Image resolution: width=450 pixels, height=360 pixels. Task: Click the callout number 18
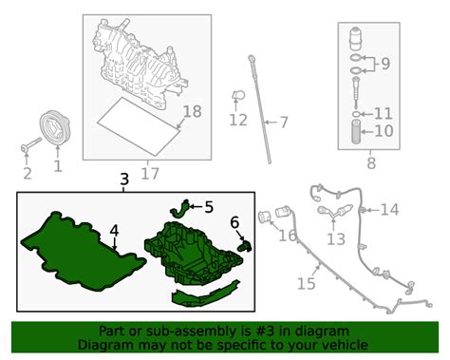pos(193,111)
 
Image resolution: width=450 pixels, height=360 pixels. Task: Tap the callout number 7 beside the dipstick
pos(284,123)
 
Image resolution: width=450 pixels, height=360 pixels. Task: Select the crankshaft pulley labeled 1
pos(55,128)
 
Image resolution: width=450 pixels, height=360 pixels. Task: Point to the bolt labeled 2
pos(30,144)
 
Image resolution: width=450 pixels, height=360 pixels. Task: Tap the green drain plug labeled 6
pos(245,246)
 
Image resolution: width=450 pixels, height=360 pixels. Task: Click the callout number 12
pos(238,120)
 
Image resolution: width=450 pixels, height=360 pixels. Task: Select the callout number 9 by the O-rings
pos(385,64)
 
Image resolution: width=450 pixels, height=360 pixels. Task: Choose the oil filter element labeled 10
pos(357,132)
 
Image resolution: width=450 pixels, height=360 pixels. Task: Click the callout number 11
pos(383,114)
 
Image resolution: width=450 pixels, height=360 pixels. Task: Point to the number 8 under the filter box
pos(371,163)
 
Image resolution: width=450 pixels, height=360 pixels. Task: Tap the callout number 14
pos(389,210)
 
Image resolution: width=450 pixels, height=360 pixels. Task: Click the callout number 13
pos(336,239)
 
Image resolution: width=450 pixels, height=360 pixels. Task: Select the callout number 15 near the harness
pos(307,284)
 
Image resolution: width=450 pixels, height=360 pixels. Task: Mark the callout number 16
pos(288,236)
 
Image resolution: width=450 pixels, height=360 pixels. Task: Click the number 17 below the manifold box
pos(150,174)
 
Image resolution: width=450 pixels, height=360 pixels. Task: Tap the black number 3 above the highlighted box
pos(124,180)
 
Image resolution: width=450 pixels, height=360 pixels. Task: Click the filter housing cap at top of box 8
pos(356,39)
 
